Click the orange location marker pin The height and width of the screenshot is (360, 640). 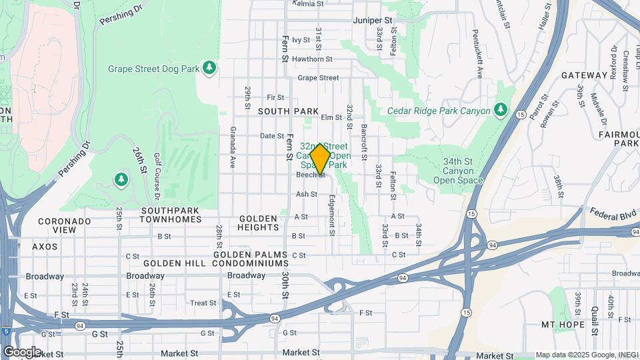click(x=321, y=159)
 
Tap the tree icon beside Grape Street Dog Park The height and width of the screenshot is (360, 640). click(x=209, y=68)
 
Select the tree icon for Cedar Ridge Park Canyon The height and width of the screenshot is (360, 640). click(x=501, y=110)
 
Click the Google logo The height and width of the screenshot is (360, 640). click(x=22, y=351)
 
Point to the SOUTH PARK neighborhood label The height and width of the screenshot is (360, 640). click(x=288, y=111)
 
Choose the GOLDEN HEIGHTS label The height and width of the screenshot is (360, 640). click(x=258, y=223)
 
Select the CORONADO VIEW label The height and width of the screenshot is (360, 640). click(x=64, y=225)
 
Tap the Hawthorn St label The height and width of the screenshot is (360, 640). click(x=316, y=59)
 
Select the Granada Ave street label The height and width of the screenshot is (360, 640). click(x=233, y=147)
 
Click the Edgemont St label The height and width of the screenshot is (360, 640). click(x=331, y=215)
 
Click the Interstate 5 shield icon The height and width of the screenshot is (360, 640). click(x=5, y=331)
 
